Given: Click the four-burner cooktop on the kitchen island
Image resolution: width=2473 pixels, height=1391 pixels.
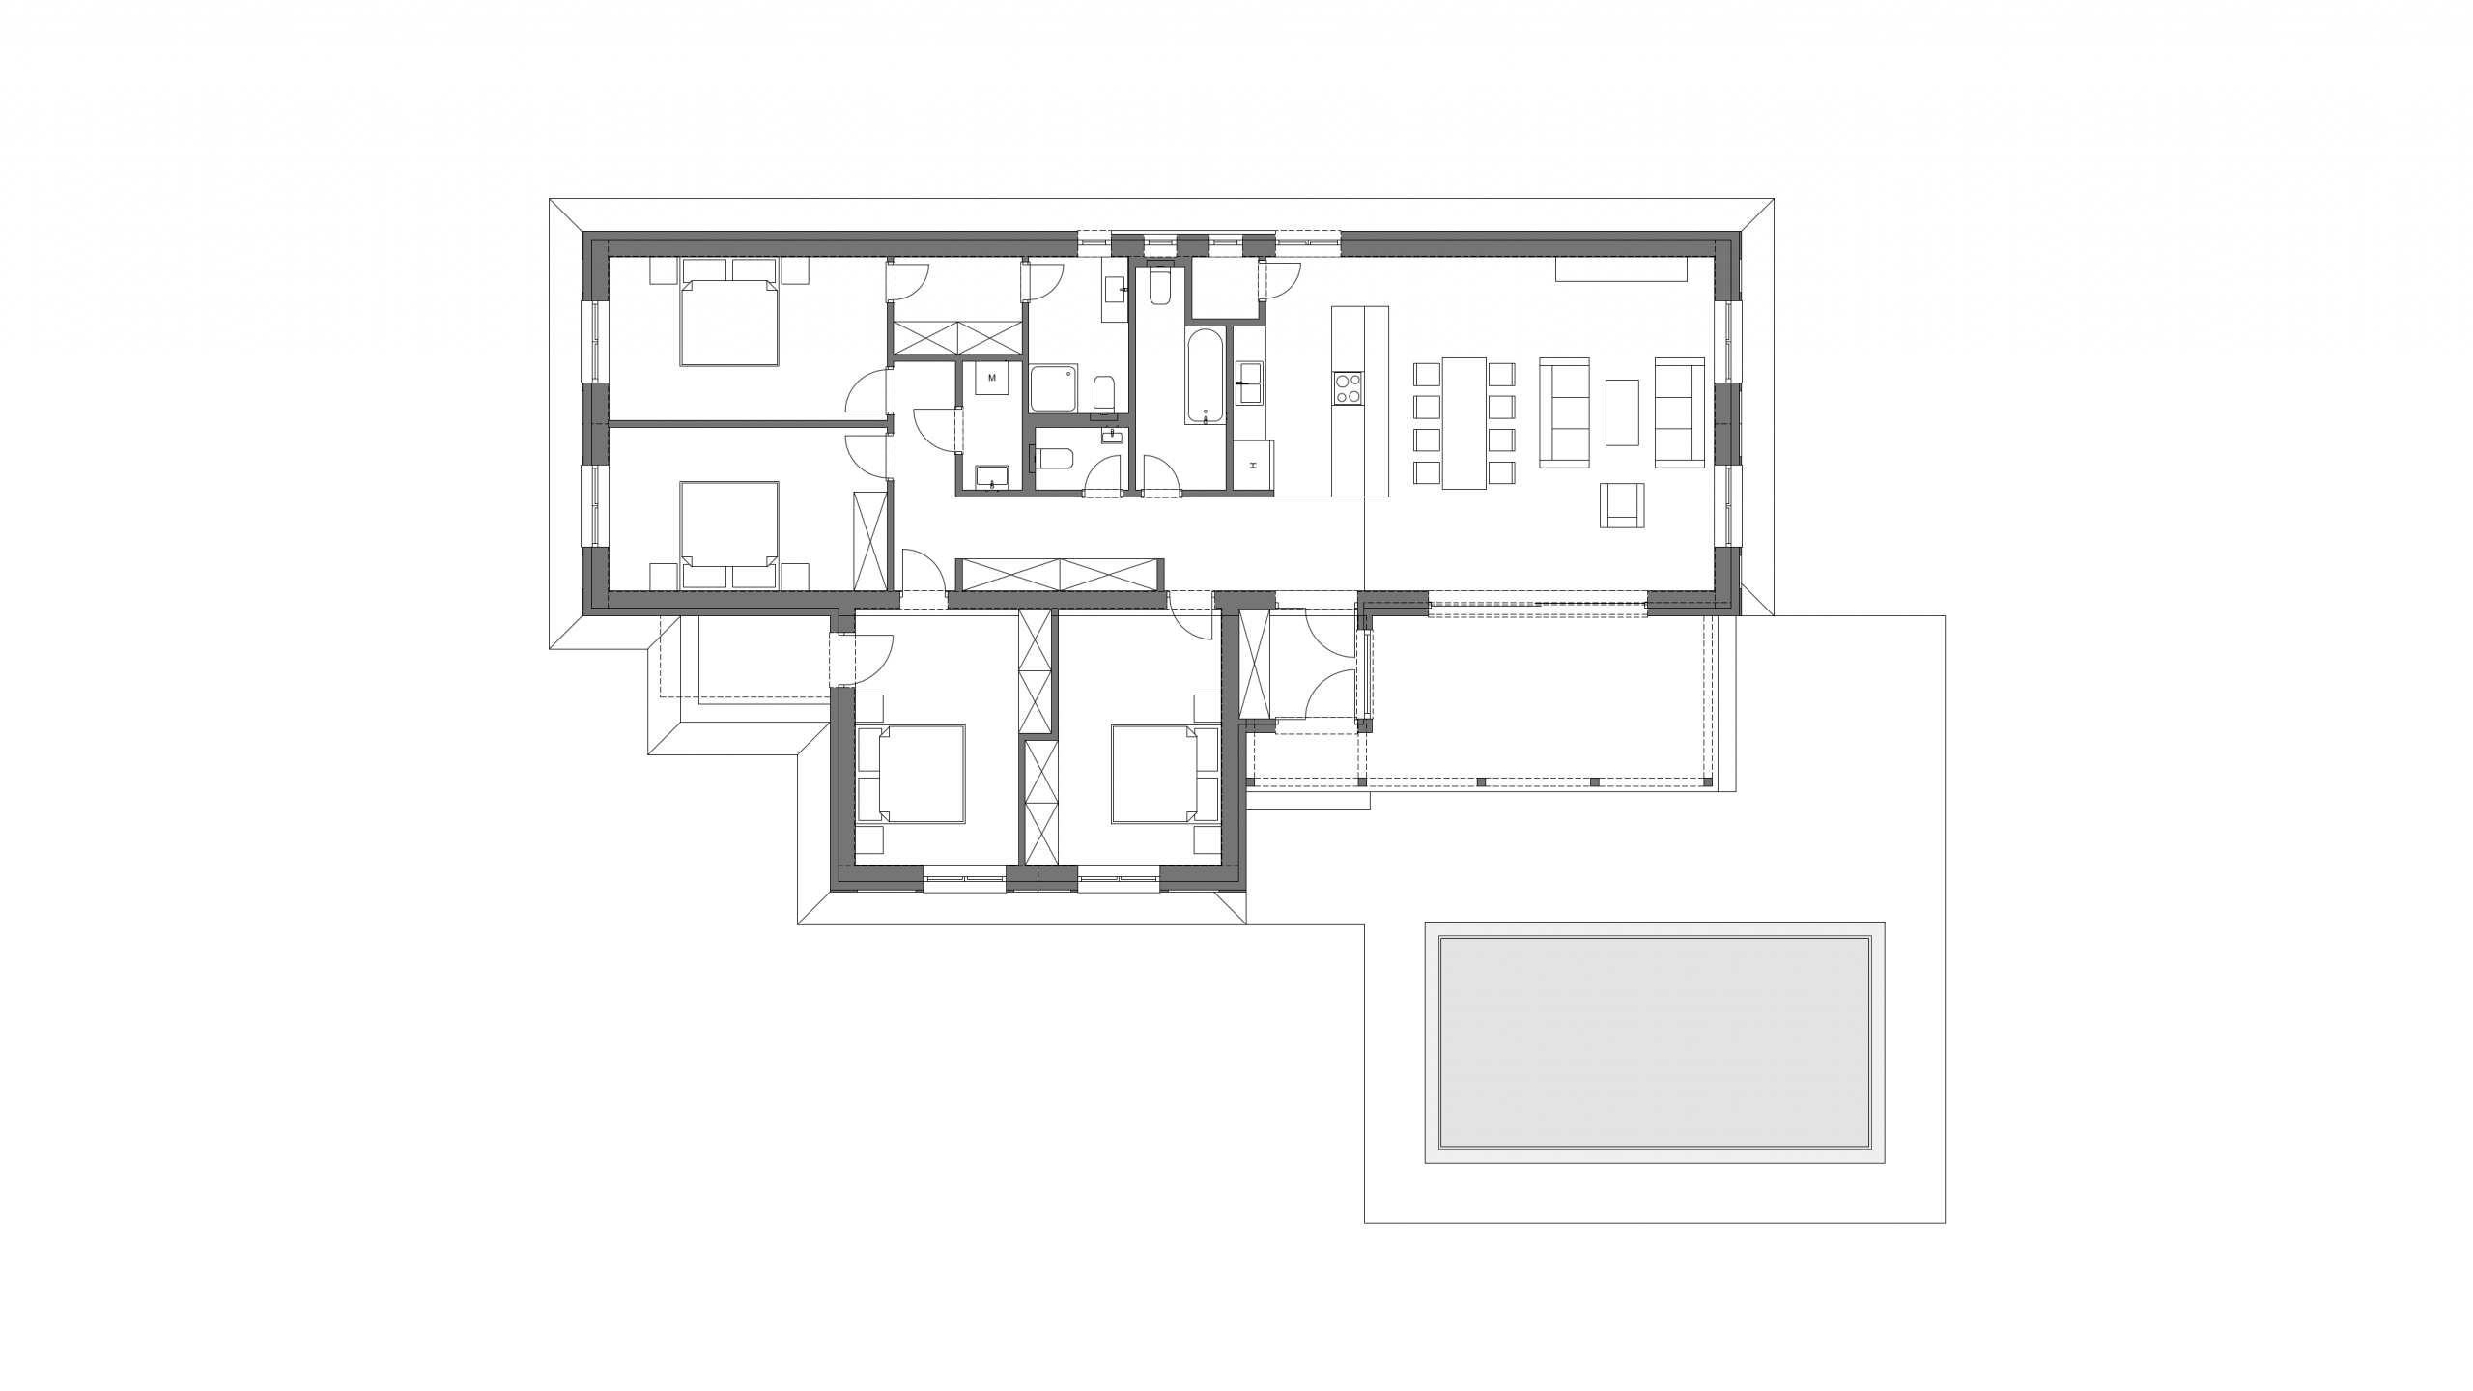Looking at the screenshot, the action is coord(1348,388).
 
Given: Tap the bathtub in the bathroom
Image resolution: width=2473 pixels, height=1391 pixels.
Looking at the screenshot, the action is coord(1206,377).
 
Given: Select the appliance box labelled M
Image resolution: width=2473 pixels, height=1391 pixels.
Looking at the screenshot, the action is coord(991,378).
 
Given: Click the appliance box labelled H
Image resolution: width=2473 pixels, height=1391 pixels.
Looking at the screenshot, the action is coord(1253,466).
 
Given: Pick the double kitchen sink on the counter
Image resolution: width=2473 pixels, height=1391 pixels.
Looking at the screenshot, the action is coord(1249,383).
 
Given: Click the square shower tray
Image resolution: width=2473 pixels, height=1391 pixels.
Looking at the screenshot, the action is coord(1053,389).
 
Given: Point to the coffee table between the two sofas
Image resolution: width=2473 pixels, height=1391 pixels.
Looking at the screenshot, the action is coord(1622,412).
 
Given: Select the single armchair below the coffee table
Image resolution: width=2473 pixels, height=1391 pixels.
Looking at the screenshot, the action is coord(1622,505).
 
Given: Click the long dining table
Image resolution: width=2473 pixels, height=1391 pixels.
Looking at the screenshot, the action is coord(1464,422).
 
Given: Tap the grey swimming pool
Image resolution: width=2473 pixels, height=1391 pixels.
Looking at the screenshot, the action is coord(1655,1041).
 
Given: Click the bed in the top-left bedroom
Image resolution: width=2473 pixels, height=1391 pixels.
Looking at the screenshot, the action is coord(729,312).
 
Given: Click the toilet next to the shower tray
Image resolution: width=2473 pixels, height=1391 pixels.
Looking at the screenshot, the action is coord(1103,396).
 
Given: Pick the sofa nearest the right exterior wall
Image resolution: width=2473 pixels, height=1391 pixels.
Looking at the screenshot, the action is coord(1680,412).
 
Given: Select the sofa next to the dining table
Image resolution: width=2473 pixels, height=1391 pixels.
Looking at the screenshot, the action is coord(1564,412).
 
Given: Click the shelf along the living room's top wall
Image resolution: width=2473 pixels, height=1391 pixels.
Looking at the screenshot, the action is coord(1621,270).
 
